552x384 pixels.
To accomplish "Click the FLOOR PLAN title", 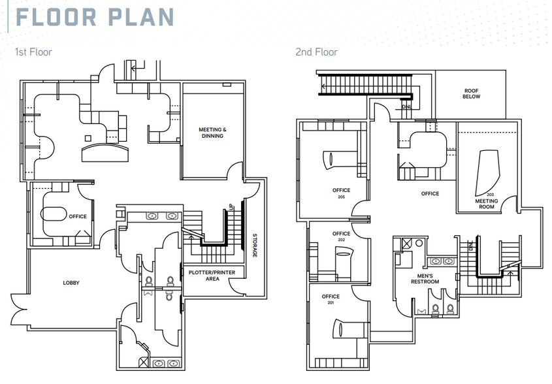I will (95, 17).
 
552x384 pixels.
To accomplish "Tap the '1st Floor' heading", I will (33, 52).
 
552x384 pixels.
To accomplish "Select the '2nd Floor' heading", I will (316, 52).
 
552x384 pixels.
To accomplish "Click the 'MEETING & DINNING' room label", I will (212, 133).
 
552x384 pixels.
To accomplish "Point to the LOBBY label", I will (71, 283).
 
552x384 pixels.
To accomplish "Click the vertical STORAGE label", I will (255, 245).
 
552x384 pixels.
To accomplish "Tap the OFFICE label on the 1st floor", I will (78, 217).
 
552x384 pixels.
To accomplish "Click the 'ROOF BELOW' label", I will (472, 93).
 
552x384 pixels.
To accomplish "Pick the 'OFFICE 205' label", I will (341, 193).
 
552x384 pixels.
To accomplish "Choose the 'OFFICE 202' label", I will (341, 236).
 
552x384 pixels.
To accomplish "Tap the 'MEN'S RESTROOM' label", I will (425, 279).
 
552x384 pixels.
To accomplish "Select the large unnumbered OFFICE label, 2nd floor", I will (430, 193).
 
